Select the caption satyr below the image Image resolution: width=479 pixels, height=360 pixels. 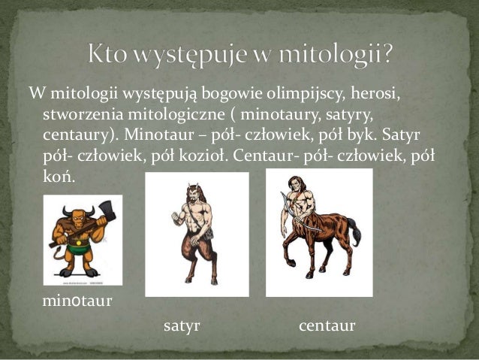pos(181,326)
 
